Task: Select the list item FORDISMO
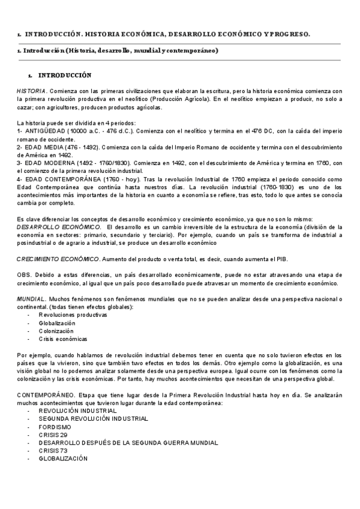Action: [54, 426]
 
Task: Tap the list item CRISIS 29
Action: [53, 435]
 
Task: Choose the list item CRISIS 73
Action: [53, 450]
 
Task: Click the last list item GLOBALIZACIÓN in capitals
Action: [63, 458]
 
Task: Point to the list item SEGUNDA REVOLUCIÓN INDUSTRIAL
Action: [89, 418]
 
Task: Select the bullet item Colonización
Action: [56, 331]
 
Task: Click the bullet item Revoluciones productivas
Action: [73, 315]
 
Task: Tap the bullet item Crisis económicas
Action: [63, 339]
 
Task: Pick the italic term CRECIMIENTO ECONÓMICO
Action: [58, 258]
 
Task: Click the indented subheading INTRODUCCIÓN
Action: [65, 76]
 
